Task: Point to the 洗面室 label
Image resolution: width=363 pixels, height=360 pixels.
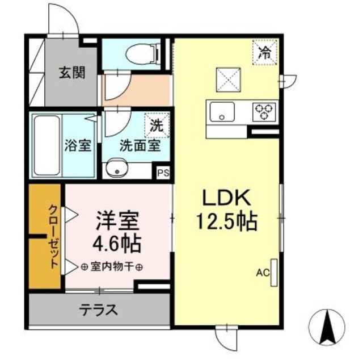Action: point(139,144)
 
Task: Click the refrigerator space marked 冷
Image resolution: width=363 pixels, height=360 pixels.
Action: point(264,53)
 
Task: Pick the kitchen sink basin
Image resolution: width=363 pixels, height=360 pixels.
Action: point(223,111)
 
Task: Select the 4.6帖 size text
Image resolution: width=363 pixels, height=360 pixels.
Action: point(117,244)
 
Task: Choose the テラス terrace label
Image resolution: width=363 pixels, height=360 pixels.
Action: point(98,310)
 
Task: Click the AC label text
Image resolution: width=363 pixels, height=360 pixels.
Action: point(262,273)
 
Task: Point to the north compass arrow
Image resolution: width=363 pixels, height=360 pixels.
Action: point(327,326)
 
